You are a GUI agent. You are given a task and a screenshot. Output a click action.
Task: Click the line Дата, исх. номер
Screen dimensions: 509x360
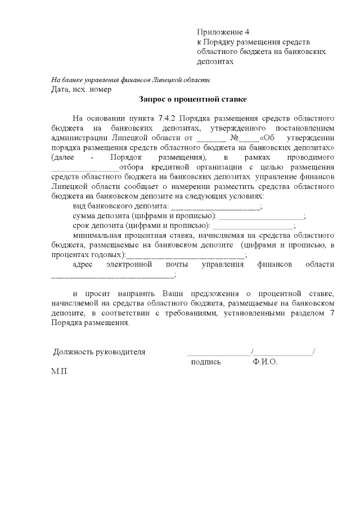(81, 89)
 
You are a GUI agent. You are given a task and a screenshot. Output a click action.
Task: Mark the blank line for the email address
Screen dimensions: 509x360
(113, 275)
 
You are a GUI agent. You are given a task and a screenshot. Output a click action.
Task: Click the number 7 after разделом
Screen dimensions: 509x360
(332, 313)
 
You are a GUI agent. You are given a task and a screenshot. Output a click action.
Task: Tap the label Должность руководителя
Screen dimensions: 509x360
(99, 352)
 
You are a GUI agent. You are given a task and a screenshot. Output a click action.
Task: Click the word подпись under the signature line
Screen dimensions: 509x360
(206, 362)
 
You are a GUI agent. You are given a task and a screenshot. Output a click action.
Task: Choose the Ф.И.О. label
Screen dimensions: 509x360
(265, 362)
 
